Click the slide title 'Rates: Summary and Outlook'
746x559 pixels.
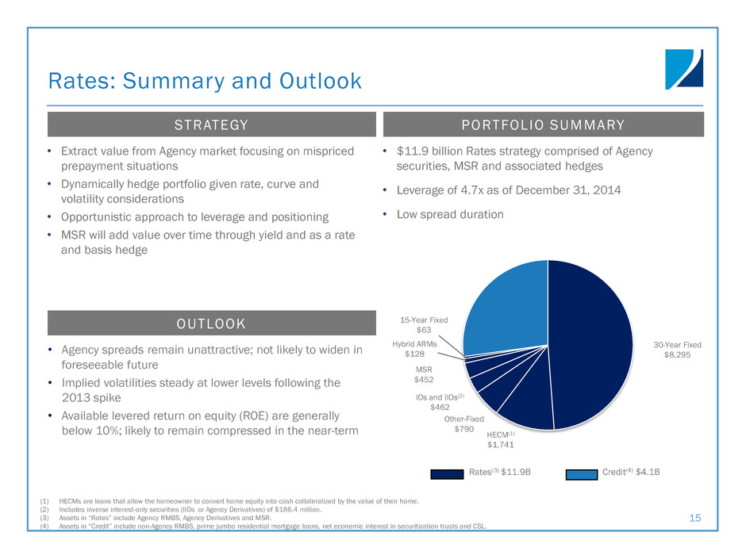(205, 82)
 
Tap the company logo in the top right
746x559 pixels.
(684, 70)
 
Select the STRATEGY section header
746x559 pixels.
(212, 124)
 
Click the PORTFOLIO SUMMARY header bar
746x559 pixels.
(544, 124)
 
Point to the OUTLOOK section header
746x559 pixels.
(212, 324)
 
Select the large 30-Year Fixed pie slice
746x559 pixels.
(590, 345)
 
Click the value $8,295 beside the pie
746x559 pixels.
(677, 354)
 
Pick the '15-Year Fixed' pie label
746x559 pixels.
(424, 320)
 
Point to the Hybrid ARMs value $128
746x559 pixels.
(414, 354)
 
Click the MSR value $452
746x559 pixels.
(424, 379)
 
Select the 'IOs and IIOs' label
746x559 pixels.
(436, 397)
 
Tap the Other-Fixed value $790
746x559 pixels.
(464, 429)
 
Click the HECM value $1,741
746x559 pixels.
(501, 445)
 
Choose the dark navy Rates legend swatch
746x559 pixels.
(447, 474)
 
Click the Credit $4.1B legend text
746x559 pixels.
(631, 472)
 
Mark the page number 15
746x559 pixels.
(695, 518)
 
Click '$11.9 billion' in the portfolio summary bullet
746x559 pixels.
(431, 151)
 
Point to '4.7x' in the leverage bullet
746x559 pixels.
(472, 190)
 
